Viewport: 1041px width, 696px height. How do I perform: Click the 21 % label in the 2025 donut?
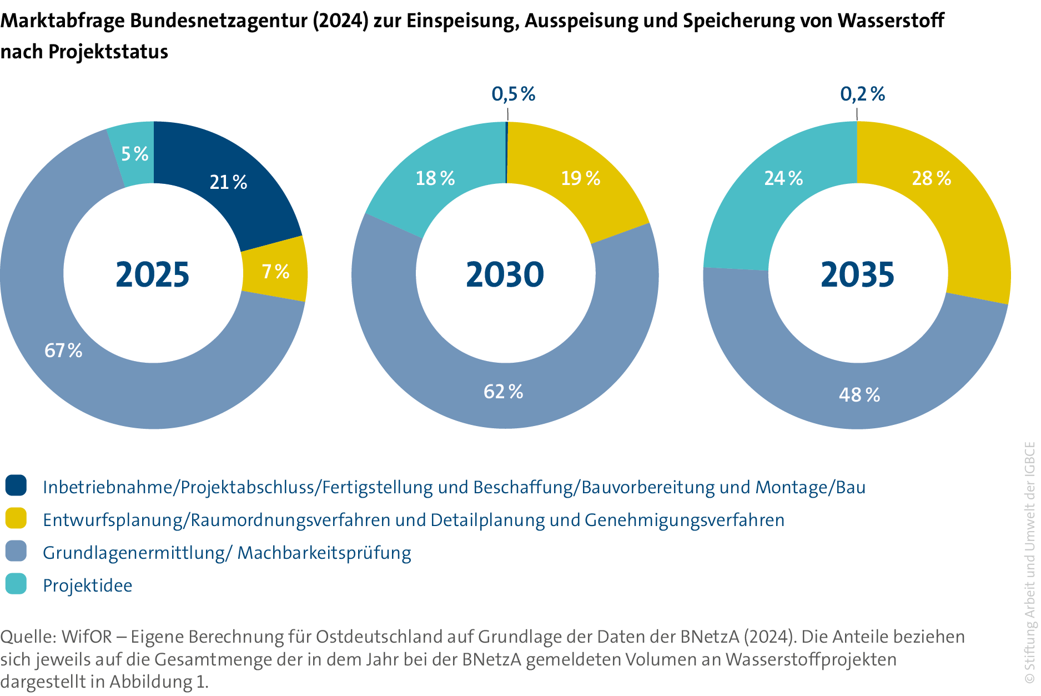click(x=228, y=182)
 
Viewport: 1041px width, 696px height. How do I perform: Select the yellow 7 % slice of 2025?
click(x=275, y=271)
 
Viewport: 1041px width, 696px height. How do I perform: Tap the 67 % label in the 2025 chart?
click(x=63, y=350)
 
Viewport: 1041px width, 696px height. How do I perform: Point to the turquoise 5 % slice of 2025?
click(x=134, y=153)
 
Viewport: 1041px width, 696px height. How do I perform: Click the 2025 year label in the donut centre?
click(x=153, y=274)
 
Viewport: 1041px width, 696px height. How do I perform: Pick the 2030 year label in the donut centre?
click(x=505, y=274)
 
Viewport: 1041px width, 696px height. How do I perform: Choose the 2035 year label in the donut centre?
click(x=858, y=274)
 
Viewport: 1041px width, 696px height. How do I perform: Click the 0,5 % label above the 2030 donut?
click(x=514, y=94)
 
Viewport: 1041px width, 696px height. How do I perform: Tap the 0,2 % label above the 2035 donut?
click(x=862, y=94)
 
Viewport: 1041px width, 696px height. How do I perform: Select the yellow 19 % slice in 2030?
click(x=580, y=178)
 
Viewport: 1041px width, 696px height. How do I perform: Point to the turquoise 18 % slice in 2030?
click(x=435, y=178)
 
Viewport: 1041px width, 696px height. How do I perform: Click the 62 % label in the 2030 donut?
click(x=504, y=392)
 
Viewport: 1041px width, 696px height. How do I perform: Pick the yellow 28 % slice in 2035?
click(x=931, y=178)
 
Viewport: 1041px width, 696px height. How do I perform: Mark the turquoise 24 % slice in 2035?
click(x=783, y=178)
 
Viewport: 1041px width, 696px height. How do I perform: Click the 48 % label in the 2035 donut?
click(x=859, y=395)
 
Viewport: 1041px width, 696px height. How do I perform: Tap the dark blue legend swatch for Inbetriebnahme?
click(x=16, y=485)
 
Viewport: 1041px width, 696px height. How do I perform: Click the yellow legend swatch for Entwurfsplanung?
click(x=16, y=518)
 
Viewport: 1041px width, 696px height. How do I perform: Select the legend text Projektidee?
click(x=88, y=585)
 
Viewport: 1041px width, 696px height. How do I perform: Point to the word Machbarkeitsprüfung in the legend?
click(x=324, y=553)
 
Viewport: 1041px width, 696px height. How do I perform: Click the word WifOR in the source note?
click(x=87, y=637)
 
